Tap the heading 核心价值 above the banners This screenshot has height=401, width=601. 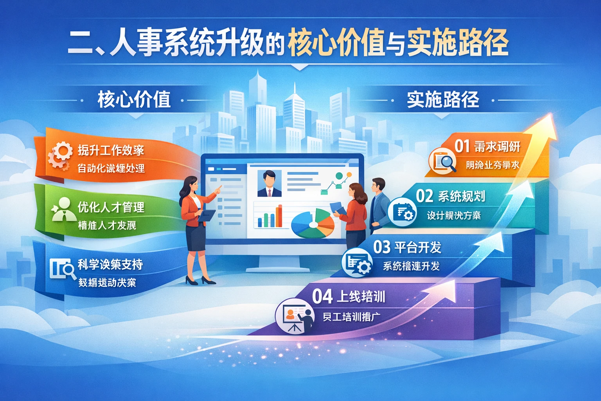click(x=134, y=99)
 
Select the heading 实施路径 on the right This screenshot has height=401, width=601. click(x=443, y=99)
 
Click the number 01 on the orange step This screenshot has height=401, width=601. click(x=462, y=146)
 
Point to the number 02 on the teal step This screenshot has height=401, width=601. click(x=425, y=196)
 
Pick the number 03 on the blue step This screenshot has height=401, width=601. click(x=381, y=247)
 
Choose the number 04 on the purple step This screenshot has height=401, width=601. click(x=322, y=296)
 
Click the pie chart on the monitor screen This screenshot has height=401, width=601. click(x=313, y=224)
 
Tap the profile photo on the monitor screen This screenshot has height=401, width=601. click(x=269, y=183)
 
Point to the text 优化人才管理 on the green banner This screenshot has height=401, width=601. click(x=111, y=207)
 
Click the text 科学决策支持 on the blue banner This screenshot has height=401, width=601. click(x=110, y=265)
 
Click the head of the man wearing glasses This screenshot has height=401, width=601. click(x=378, y=185)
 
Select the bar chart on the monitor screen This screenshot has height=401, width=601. click(x=270, y=217)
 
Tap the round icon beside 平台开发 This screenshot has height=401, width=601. click(x=357, y=263)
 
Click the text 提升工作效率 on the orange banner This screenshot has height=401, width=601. click(x=111, y=150)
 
